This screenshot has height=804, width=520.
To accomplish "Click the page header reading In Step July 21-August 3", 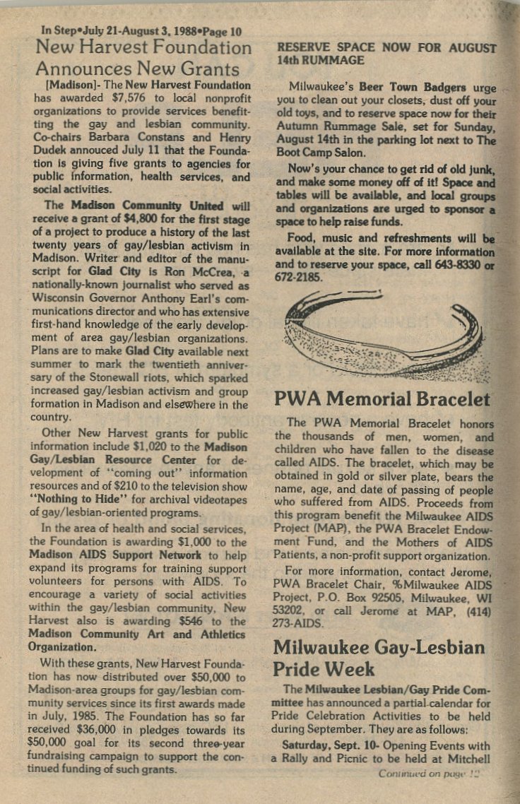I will coord(141,31).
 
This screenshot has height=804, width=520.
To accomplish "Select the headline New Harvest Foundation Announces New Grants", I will coord(143,59).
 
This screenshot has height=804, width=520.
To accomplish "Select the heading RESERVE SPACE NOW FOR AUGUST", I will coord(385,49).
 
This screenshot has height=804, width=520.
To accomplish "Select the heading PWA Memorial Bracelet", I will coord(382,398).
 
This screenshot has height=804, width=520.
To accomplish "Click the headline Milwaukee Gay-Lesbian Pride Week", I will coord(379,657).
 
